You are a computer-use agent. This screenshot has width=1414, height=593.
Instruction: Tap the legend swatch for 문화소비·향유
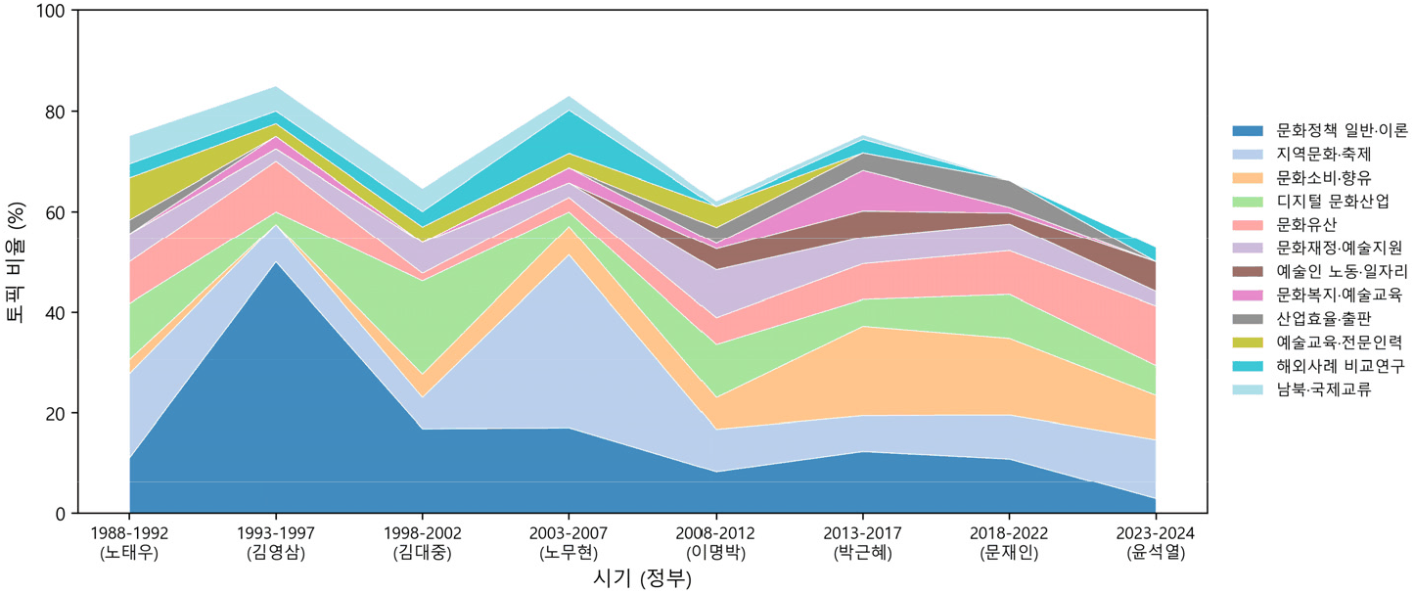pyautogui.click(x=1248, y=178)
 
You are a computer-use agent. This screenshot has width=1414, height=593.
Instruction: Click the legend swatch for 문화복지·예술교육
pyautogui.click(x=1248, y=296)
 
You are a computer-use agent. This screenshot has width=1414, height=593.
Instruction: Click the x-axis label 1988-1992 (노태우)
pyautogui.click(x=129, y=543)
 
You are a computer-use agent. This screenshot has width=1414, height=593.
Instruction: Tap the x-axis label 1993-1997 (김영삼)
pyautogui.click(x=276, y=543)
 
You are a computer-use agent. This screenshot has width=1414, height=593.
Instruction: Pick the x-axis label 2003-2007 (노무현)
pyautogui.click(x=569, y=543)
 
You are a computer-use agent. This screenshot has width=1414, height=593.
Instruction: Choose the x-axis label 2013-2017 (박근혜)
pyautogui.click(x=862, y=543)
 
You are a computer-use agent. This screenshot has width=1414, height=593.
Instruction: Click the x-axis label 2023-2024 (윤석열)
pyautogui.click(x=1156, y=543)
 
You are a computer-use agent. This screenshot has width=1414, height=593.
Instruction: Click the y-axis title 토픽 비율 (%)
pyautogui.click(x=16, y=262)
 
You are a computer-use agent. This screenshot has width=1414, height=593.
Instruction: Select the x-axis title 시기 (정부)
pyautogui.click(x=642, y=578)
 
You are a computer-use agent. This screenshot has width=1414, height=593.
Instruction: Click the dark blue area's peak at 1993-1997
pyautogui.click(x=276, y=262)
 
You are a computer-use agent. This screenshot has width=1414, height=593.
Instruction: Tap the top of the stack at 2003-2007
pyautogui.click(x=569, y=97)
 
